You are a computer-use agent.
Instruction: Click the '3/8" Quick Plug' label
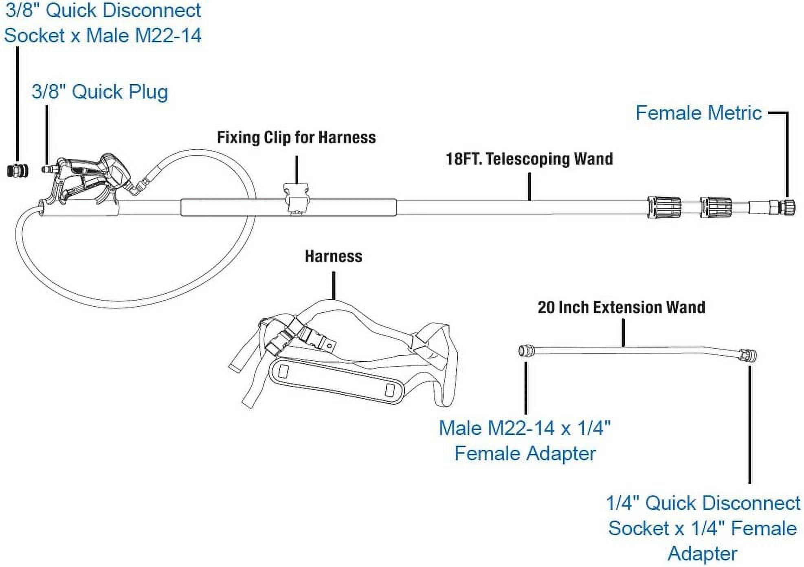100,92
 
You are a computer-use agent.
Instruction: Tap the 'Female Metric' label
699,113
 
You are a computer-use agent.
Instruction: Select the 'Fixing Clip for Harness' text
296,138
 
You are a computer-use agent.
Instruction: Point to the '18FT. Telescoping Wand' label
529,159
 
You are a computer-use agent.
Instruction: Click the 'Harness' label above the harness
334,257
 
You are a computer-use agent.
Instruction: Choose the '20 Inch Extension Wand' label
621,308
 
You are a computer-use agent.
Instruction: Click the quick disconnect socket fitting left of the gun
18,170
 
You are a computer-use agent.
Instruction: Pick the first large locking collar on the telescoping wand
664,207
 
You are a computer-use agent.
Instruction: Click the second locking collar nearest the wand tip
716,207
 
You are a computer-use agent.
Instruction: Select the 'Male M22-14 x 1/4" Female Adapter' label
525,441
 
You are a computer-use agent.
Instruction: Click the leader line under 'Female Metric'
787,155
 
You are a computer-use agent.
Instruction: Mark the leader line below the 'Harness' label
334,285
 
